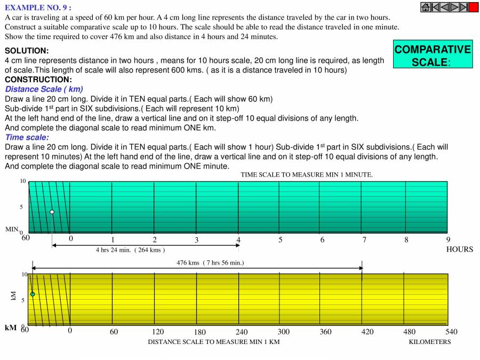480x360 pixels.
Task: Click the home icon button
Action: coord(426,7)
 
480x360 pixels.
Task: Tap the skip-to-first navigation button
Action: coord(435,7)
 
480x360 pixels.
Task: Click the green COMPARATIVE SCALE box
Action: coord(433,55)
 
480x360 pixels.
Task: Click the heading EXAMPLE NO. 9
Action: coord(38,7)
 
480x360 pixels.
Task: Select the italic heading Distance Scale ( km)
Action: coord(44,89)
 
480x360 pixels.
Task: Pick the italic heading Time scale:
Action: coord(27,137)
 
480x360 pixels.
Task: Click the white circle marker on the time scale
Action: coord(52,212)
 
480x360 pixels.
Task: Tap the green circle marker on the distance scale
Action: coord(33,294)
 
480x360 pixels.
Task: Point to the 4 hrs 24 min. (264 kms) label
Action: coord(130,250)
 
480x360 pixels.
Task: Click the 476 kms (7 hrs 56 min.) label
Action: coord(210,262)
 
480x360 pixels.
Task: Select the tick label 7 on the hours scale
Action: coord(364,240)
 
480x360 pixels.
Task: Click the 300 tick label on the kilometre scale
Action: coord(283,332)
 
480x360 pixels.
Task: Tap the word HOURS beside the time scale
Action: coord(459,249)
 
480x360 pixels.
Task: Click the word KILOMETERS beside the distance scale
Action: coord(429,342)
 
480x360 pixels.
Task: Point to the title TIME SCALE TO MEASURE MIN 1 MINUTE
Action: coord(306,174)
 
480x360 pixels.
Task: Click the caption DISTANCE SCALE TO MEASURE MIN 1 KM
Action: coord(213,342)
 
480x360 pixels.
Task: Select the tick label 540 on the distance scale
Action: coord(451,332)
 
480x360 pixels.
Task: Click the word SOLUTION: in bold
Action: coord(27,51)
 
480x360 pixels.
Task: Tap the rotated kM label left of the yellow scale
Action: coord(14,295)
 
